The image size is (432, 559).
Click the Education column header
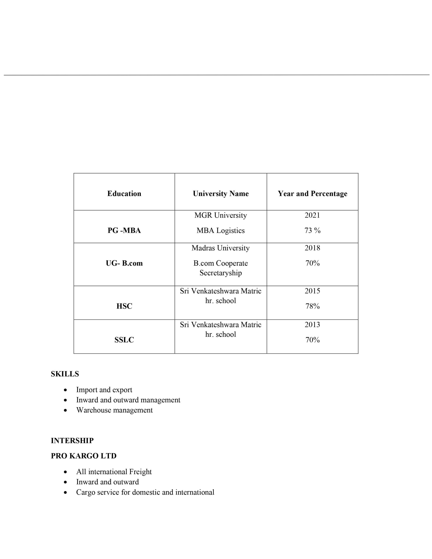(124, 193)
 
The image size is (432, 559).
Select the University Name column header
(221, 193)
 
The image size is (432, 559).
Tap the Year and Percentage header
(312, 193)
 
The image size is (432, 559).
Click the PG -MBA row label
(124, 230)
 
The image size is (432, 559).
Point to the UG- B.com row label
(124, 263)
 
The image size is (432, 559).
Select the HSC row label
(124, 306)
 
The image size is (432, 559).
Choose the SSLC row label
(124, 340)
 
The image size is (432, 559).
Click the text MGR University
(221, 215)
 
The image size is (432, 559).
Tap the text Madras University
(221, 248)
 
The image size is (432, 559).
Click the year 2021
(312, 215)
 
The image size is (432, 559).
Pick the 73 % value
(312, 230)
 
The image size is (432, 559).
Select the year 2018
(312, 248)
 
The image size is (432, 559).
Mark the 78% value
(312, 306)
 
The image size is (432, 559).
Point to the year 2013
(312, 325)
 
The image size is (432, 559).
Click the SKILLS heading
(65, 374)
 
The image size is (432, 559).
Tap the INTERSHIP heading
(72, 440)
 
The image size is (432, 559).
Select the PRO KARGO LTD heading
(83, 456)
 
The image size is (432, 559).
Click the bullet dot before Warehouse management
(66, 410)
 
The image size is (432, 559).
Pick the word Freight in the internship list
(140, 472)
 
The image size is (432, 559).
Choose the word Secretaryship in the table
(221, 273)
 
